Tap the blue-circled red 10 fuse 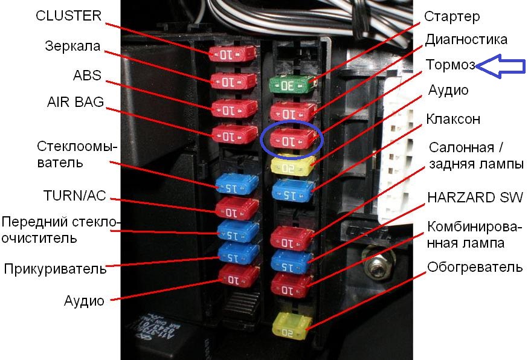pos(292,139)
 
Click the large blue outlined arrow pos(500,66)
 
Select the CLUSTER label pos(68,16)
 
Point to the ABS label pos(87,75)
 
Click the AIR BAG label pos(76,101)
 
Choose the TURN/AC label pos(75,196)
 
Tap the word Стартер pos(452,16)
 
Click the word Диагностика pos(466,39)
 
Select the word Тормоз pos(450,64)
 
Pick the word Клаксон pos(453,119)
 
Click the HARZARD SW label pos(475,198)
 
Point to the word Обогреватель pos(475,267)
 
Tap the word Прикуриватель pos(55,269)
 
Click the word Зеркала pos(72,46)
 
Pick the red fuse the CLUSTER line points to pos(232,54)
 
